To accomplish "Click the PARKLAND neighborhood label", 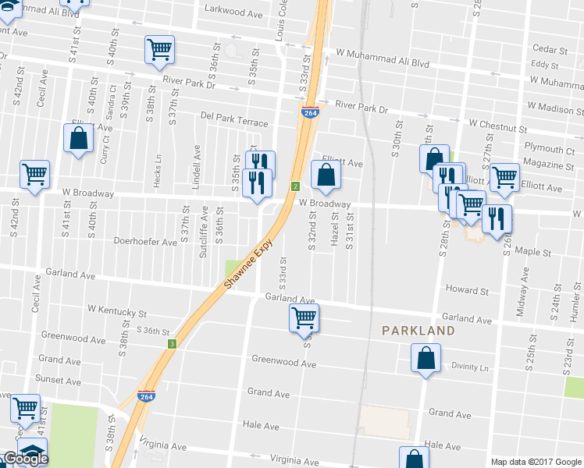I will click(x=418, y=331).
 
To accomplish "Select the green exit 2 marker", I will click(x=295, y=186).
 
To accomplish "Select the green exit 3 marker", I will click(x=171, y=343).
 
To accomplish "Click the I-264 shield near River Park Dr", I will click(x=309, y=112).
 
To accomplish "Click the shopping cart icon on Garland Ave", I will click(x=304, y=317).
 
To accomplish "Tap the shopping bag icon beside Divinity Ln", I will click(x=426, y=359).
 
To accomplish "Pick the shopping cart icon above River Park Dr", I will click(x=159, y=49).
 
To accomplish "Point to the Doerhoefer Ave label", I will click(x=146, y=242).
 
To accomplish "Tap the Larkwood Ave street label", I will click(x=233, y=12).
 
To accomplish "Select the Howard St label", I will click(x=467, y=290).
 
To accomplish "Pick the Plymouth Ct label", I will click(x=549, y=149).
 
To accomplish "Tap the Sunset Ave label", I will click(x=59, y=379).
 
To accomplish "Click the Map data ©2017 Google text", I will click(x=536, y=461).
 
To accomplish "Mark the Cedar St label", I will click(x=547, y=48).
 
